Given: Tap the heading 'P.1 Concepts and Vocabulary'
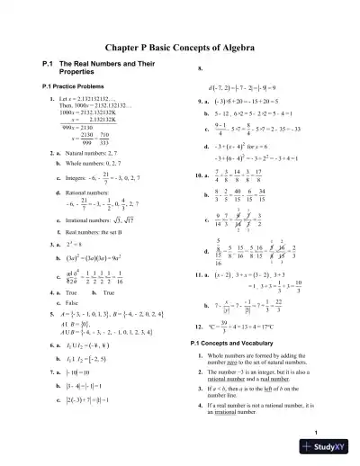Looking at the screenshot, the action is pyautogui.click(x=236, y=343).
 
